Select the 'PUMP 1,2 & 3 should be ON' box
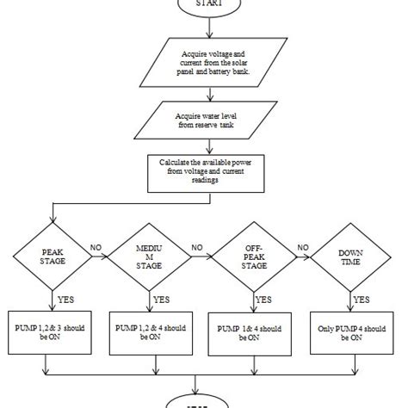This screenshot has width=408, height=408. (x=53, y=331)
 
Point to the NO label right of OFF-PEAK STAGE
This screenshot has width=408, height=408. (x=301, y=246)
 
